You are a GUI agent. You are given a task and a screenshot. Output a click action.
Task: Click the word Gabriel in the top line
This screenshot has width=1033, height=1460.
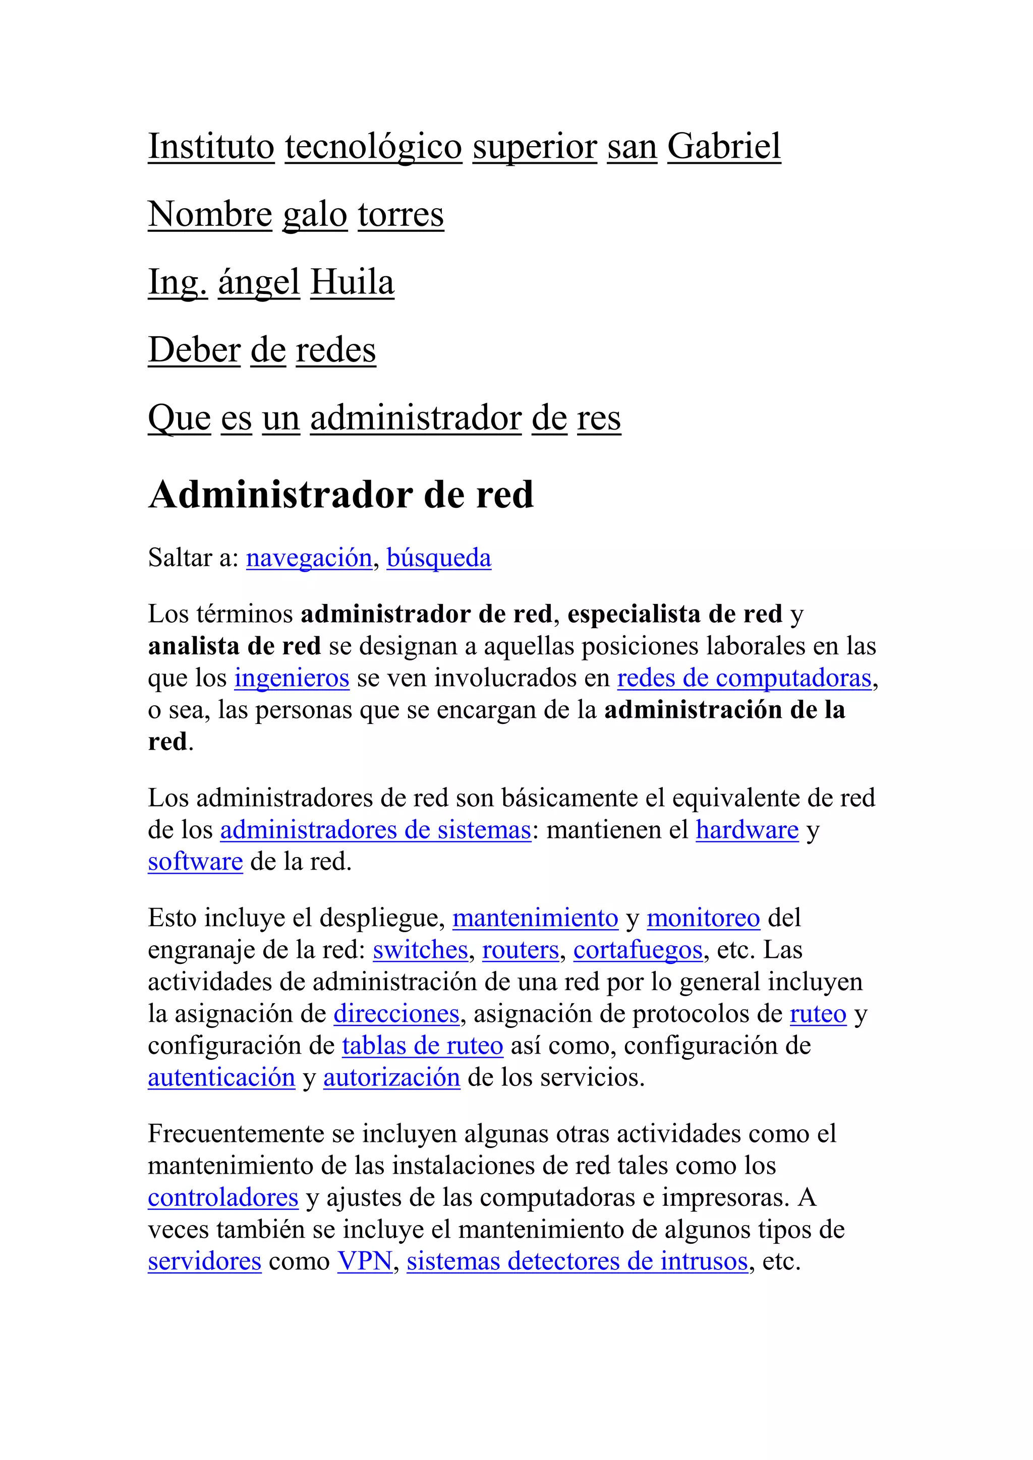[x=724, y=147]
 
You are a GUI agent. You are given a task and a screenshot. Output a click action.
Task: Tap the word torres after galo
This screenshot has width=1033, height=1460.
[x=400, y=215]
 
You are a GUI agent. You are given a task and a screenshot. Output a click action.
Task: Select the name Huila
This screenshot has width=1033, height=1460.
[x=353, y=282]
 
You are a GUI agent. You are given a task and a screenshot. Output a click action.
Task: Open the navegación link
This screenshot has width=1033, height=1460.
[x=309, y=558]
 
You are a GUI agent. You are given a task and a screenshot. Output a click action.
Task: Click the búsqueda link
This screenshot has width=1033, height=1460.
[x=439, y=558]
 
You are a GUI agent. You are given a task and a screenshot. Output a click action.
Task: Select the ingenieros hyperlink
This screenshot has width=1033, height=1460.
[x=292, y=678]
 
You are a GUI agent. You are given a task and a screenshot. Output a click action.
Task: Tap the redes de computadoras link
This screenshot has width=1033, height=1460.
[x=744, y=678]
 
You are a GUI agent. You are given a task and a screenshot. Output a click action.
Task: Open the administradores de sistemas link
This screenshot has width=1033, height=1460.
[x=375, y=830]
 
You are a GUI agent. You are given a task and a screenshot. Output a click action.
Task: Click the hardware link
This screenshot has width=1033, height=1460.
[x=747, y=830]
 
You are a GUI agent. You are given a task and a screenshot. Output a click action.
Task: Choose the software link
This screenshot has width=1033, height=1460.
[x=195, y=862]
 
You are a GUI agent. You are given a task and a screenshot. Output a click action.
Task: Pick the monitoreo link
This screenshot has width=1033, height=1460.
[x=704, y=918]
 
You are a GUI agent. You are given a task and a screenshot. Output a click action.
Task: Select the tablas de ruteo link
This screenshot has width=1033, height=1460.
[x=422, y=1046]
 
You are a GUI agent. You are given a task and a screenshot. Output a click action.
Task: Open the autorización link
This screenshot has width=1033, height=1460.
[x=392, y=1077]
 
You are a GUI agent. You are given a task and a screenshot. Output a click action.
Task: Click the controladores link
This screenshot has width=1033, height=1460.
[x=223, y=1197]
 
